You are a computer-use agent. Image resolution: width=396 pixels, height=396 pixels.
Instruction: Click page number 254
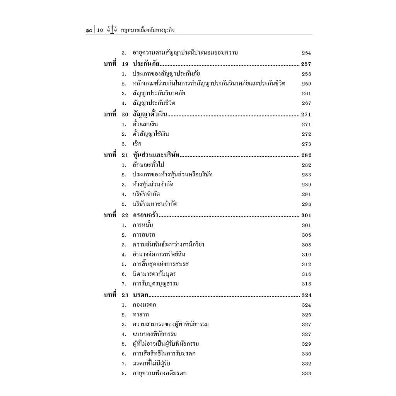(306, 53)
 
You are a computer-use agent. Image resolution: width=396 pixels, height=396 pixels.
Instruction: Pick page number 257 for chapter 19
(306, 64)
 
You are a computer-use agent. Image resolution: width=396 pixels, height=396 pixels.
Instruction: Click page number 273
(306, 144)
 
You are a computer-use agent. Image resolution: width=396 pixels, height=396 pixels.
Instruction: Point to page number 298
(306, 204)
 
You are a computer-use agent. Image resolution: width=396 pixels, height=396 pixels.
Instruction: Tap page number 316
(306, 274)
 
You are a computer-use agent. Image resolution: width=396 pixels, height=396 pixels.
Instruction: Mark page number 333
(306, 374)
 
